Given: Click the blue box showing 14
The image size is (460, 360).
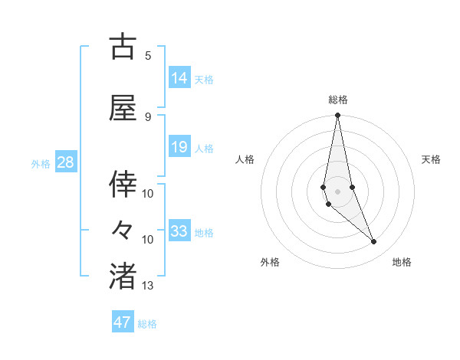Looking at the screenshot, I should tap(179, 78).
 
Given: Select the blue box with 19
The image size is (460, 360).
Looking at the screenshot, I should tap(179, 148).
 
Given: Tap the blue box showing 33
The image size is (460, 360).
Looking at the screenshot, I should tap(179, 231).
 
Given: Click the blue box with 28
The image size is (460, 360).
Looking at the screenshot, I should tap(64, 162).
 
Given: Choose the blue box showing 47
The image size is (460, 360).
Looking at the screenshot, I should tap(123, 322).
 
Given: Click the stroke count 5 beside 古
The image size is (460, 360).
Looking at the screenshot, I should tap(148, 55).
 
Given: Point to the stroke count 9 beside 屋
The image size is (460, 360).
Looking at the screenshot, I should tap(148, 117).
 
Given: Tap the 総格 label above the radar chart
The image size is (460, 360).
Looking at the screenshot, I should tap(338, 100).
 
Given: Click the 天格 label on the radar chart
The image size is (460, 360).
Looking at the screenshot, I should tap(431, 159).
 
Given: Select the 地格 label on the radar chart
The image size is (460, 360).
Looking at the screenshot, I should tap(402, 262).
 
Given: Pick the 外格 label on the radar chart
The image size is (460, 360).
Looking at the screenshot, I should tap(270, 262).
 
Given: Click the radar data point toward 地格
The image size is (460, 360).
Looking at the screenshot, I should tap(374, 242).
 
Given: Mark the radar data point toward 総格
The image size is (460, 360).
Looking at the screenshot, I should tap(337, 116).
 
